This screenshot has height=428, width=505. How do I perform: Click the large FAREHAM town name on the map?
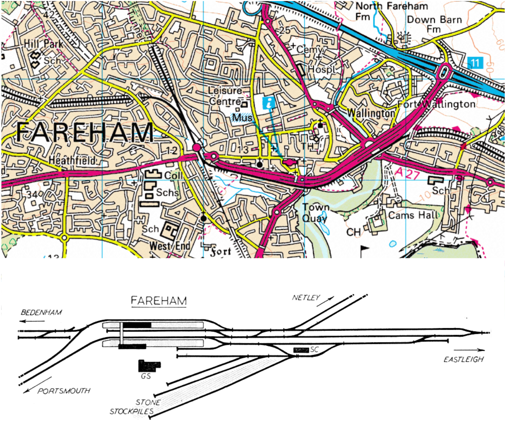pyautogui.click(x=85, y=132)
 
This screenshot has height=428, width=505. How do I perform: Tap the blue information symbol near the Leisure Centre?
pyautogui.click(x=269, y=103)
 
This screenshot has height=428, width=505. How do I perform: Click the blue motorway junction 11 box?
pyautogui.click(x=475, y=62)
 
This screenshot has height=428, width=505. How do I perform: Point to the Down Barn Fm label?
pyautogui.click(x=434, y=24)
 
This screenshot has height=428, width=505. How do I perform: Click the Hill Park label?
pyautogui.click(x=43, y=44)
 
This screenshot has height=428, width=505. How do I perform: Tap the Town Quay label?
pyautogui.click(x=315, y=212)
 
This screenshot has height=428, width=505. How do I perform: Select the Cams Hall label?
pyautogui.click(x=414, y=215)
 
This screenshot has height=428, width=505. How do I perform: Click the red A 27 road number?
pyautogui.click(x=407, y=173)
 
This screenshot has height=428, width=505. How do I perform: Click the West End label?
pyautogui.click(x=170, y=246)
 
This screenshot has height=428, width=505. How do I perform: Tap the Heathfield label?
pyautogui.click(x=72, y=161)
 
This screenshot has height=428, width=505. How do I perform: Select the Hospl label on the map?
pyautogui.click(x=321, y=69)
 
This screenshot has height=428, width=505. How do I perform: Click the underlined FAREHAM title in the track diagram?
pyautogui.click(x=159, y=301)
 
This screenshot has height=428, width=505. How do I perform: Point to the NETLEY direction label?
pyautogui.click(x=306, y=297)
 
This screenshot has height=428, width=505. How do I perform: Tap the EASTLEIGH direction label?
pyautogui.click(x=464, y=360)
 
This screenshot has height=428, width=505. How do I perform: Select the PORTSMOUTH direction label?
pyautogui.click(x=64, y=391)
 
